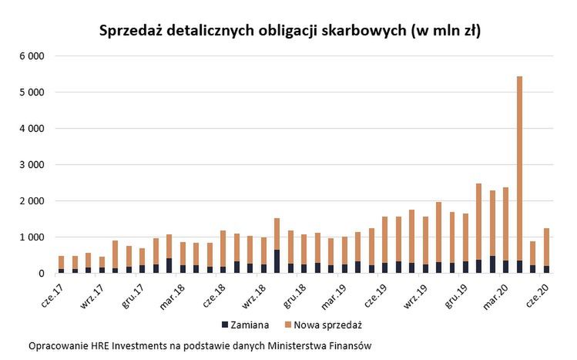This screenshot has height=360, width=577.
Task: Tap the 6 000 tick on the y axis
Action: click(33, 56)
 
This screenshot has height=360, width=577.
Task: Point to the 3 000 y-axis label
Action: click(33, 165)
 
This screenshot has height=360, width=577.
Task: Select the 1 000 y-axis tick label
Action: click(33, 237)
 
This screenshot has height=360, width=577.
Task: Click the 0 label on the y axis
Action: click(42, 274)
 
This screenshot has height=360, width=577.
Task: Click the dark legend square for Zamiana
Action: click(225, 325)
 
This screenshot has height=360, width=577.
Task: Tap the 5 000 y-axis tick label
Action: click(33, 93)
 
